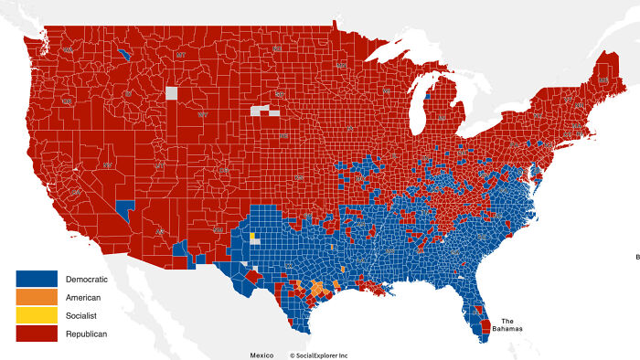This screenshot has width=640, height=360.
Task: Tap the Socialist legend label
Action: click(83, 316)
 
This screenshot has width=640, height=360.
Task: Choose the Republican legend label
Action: click(87, 334)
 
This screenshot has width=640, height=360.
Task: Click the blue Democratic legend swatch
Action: click(37, 279)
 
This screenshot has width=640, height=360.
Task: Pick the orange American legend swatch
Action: click(37, 297)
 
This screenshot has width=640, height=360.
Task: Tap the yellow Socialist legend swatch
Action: click(37, 316)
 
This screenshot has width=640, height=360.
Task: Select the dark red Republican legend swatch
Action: click(37, 334)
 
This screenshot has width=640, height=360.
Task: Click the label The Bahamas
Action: click(513, 324)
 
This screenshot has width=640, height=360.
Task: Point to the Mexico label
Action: click(261, 354)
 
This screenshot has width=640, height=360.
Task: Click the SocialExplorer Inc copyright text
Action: click(318, 354)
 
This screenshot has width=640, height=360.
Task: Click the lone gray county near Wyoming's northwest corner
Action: click(171, 92)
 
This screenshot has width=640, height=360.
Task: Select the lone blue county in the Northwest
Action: click(123, 53)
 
